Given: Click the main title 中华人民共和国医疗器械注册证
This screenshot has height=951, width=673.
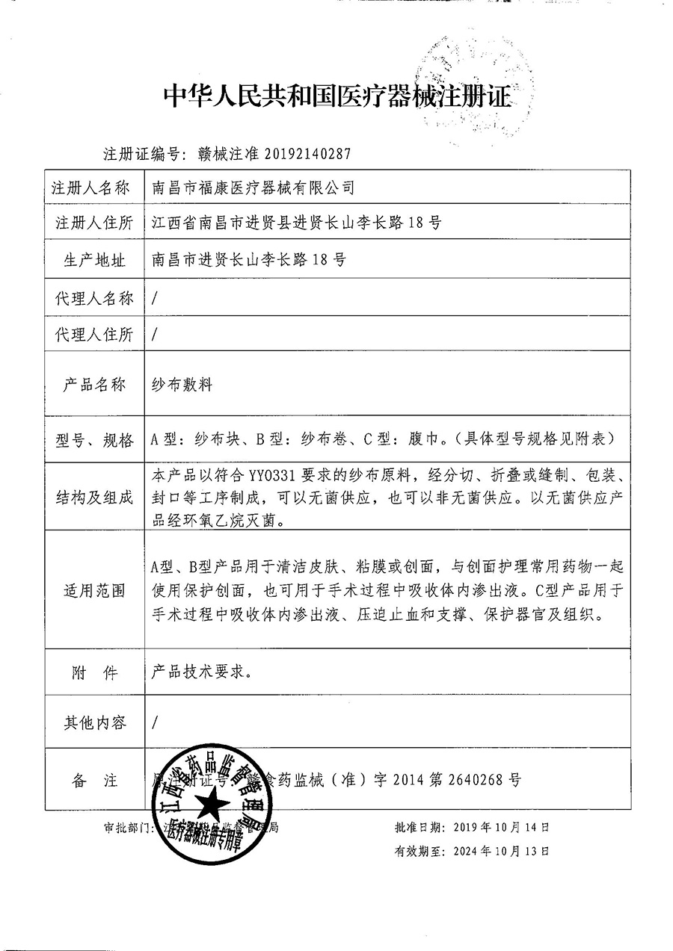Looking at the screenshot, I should pyautogui.click(x=338, y=96).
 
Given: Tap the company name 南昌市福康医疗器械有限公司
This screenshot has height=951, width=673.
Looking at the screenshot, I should pyautogui.click(x=253, y=188).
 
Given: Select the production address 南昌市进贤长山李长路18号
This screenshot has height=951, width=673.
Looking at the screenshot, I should pyautogui.click(x=248, y=259).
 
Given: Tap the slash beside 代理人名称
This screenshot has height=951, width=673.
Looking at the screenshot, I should pyautogui.click(x=154, y=297).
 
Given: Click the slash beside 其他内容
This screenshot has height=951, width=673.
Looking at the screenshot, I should pyautogui.click(x=154, y=722).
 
